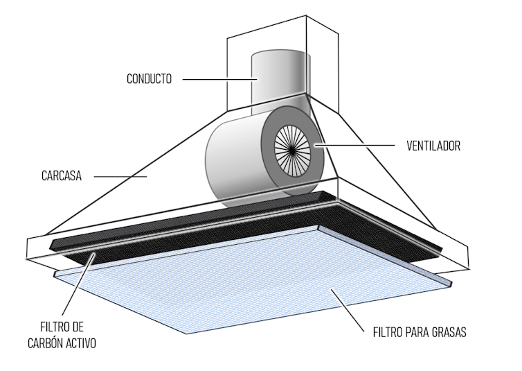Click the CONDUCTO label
[x=149, y=79]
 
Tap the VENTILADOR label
[x=433, y=146]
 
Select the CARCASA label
[x=62, y=176]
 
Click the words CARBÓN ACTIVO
[x=62, y=343]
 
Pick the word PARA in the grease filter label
[x=417, y=332]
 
